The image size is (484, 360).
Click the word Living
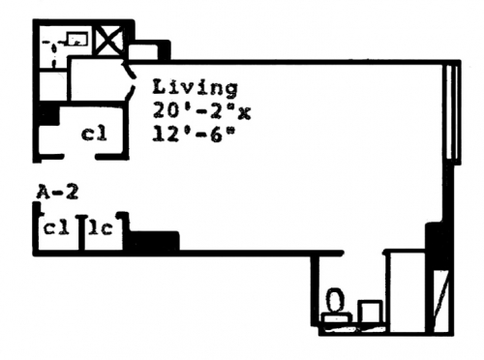pos(195,88)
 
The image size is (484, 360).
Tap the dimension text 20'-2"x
pos(201,112)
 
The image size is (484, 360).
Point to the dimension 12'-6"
pos(193,134)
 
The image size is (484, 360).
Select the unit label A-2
pos(57,193)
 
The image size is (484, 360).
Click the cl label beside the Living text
pos(94,134)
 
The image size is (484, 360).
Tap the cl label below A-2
pos(56,228)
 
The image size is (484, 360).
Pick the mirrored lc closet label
pos(101,228)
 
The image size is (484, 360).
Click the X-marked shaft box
pos(109,42)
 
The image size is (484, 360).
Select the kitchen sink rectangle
pos(77,39)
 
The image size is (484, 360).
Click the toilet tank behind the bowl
pos(338,317)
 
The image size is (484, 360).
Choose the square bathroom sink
pos(370,311)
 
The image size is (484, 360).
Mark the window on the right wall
pos(452,112)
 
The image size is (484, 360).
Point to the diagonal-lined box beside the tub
pos(440,301)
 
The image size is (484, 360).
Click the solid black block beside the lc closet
pos(152,240)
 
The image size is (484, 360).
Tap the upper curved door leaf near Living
pos(129,71)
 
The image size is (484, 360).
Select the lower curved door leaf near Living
pos(130,93)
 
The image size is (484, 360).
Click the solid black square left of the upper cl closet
pos(47,115)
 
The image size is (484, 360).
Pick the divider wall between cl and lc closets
pos(82,232)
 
